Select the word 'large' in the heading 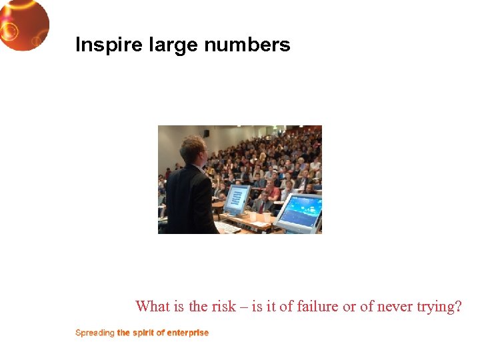167,45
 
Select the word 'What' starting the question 152,307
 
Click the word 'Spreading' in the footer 95,333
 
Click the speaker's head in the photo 191,148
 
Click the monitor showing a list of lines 237,199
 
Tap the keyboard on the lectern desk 227,227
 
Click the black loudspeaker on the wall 207,133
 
